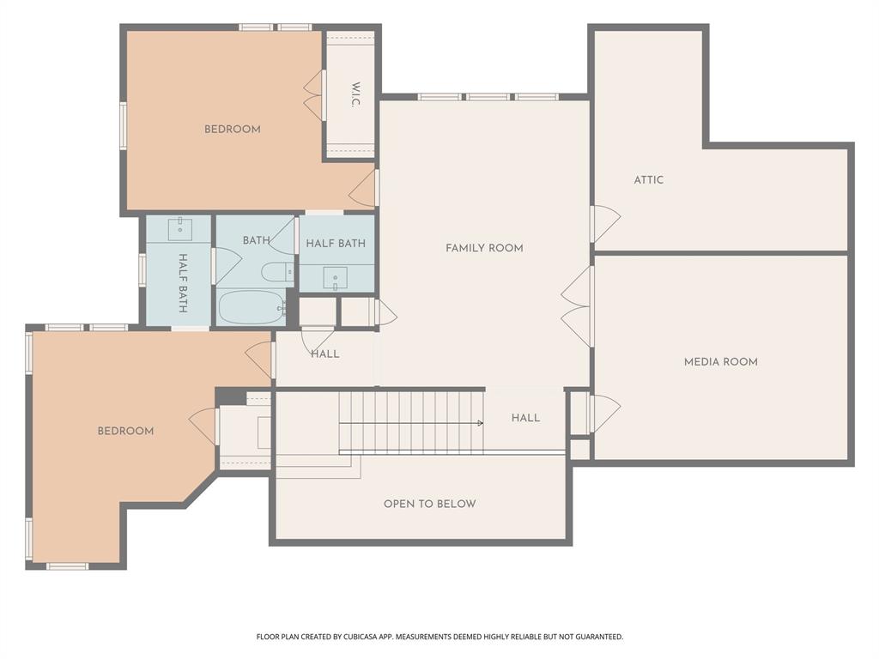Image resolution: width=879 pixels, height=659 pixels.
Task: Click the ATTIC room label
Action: click(649, 180)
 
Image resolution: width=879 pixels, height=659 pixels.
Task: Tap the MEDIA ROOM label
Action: click(720, 362)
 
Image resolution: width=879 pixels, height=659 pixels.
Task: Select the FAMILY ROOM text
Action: click(484, 248)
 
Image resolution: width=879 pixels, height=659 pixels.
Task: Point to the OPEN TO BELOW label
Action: click(429, 504)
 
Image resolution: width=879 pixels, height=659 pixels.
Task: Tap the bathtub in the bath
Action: click(251, 307)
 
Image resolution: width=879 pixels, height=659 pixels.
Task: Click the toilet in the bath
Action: click(278, 273)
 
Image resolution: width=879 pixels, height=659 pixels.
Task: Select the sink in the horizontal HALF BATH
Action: click(336, 277)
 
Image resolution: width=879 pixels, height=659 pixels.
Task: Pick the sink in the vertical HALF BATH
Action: click(179, 228)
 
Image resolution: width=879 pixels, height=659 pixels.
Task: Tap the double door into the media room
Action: click(577, 306)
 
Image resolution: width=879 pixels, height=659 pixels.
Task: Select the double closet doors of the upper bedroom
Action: click(314, 95)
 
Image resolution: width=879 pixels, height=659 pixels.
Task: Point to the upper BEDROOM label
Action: click(232, 130)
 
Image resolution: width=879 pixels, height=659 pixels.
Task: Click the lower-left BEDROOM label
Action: click(125, 431)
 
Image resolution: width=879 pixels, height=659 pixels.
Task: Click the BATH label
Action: click(256, 240)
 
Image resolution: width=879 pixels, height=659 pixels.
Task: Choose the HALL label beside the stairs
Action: click(525, 418)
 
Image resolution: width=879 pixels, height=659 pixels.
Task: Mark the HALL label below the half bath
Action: click(324, 354)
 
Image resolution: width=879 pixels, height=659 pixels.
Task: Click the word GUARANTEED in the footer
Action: click(597, 637)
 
